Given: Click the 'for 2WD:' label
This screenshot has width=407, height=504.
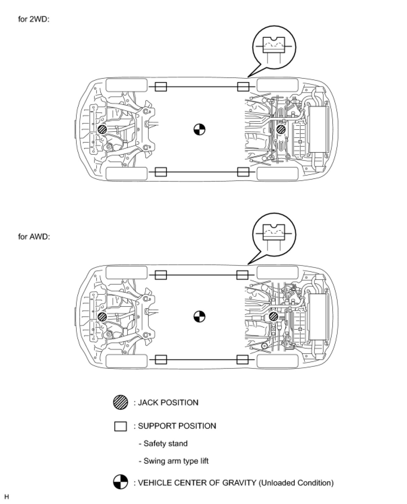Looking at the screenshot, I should click(x=34, y=19).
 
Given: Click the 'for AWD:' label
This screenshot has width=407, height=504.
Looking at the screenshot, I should click(x=34, y=237).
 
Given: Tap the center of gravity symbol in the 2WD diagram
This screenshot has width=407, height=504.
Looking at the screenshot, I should click(x=199, y=129).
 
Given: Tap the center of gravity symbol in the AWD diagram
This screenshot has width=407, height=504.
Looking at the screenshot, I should click(x=199, y=316).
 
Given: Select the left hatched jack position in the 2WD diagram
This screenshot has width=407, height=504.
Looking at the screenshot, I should click(x=102, y=130).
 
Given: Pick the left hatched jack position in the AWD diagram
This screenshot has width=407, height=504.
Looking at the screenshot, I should click(x=102, y=316).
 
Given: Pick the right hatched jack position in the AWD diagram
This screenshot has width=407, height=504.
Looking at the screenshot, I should click(x=274, y=316).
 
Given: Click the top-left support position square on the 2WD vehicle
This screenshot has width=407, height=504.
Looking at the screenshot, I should click(x=160, y=87).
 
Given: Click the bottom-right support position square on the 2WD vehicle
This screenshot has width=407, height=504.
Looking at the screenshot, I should click(x=243, y=172).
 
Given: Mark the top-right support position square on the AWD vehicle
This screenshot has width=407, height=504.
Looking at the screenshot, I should click(x=242, y=275).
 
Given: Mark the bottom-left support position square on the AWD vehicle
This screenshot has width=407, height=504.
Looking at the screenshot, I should click(x=160, y=359).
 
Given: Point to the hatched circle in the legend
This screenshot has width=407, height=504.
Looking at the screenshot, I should click(x=120, y=402).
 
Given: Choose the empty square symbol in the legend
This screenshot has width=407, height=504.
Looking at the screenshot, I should click(x=120, y=426).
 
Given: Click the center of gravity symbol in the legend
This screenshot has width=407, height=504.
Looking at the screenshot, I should click(x=120, y=482).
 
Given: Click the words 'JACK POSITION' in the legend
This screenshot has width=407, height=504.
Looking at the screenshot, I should click(x=168, y=402).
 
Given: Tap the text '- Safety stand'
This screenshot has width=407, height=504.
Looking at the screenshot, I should click(x=163, y=443).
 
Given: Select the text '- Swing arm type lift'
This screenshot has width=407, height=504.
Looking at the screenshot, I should click(x=174, y=461).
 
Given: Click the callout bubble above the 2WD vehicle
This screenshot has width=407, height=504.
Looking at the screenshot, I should click(x=274, y=47).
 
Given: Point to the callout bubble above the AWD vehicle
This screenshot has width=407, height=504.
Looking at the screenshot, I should click(x=274, y=235).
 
